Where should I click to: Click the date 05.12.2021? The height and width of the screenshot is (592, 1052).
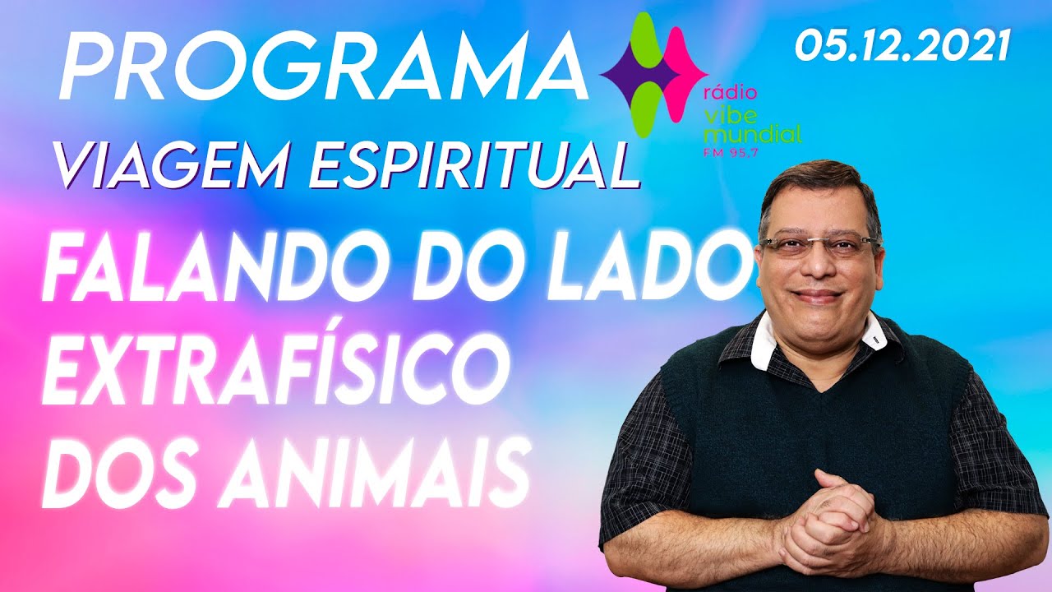tap(901, 45)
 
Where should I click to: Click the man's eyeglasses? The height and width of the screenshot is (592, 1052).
tap(818, 245)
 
